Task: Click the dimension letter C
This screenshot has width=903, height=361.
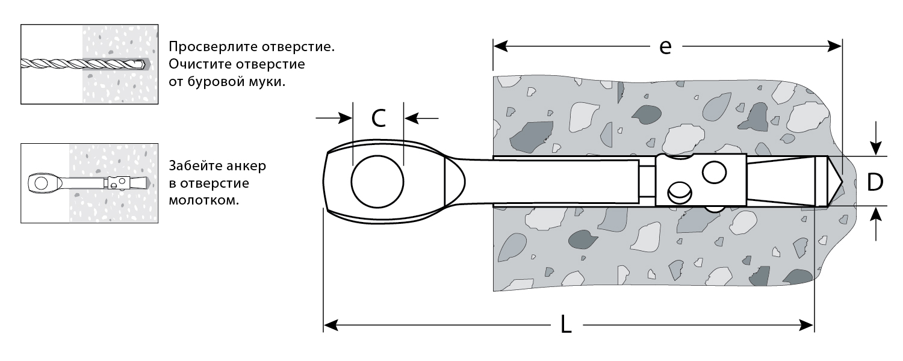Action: coord(378,119)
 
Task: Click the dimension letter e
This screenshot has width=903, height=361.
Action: coord(665,48)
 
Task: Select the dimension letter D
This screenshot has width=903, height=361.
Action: coord(875,181)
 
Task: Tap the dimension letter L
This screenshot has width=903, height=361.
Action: coord(566,326)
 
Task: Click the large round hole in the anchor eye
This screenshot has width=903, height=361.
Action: coord(378,182)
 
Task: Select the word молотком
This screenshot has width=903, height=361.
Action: coord(204,200)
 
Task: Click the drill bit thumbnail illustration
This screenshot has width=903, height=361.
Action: coord(90,64)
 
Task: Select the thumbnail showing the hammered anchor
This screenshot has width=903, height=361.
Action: coord(90,183)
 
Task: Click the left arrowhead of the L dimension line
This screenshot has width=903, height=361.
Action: coord(329,326)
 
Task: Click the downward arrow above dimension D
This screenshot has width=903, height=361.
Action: coord(876,149)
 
